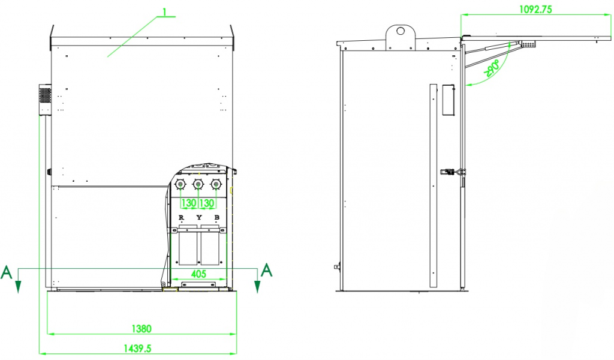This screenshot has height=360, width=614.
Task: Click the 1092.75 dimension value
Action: [535, 9]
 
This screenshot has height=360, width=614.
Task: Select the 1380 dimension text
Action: [142, 328]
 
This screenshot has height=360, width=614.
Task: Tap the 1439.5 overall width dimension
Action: [137, 347]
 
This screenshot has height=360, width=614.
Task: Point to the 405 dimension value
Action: [198, 274]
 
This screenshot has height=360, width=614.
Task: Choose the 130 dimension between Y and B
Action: [207, 203]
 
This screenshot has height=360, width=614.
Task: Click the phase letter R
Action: [182, 217]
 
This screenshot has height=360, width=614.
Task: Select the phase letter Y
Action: [198, 217]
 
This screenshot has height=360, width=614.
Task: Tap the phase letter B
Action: [216, 217]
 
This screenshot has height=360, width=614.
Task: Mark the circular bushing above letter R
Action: [181, 184]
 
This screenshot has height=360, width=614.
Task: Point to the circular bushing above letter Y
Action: [198, 184]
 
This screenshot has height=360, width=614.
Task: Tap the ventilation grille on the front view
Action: [46, 96]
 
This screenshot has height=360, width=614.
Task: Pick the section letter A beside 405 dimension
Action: [267, 271]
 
